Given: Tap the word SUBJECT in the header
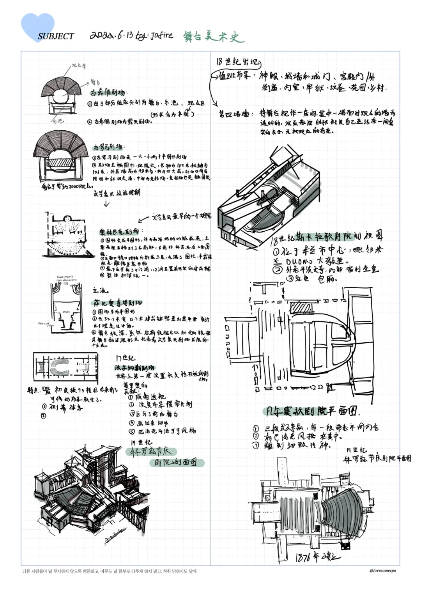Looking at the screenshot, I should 56,36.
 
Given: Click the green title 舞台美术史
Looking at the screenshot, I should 213,37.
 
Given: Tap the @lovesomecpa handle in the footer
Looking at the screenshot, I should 382,571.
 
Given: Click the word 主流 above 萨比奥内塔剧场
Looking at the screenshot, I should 100,290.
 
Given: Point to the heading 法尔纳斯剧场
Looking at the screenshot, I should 134,367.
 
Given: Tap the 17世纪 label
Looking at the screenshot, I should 126,358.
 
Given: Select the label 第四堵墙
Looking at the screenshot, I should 234,114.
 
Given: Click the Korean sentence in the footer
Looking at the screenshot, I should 110,571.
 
